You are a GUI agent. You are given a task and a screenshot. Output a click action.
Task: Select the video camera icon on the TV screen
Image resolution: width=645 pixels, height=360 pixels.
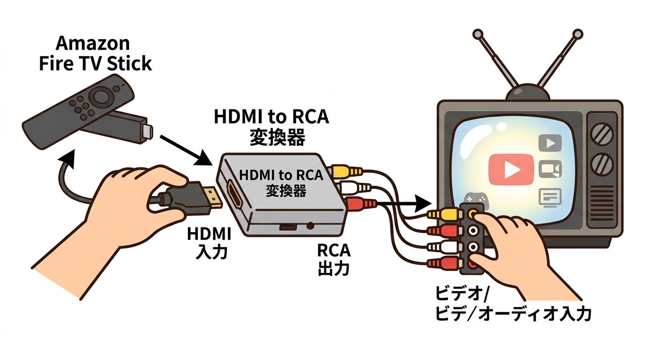(x=550, y=169)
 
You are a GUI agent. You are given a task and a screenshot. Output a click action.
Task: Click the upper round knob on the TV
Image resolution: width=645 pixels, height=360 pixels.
(x=602, y=134)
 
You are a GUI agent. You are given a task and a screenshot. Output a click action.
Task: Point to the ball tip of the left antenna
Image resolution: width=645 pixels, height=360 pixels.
(x=478, y=34)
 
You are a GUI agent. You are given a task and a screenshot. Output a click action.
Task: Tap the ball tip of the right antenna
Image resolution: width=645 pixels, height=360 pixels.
(x=578, y=34)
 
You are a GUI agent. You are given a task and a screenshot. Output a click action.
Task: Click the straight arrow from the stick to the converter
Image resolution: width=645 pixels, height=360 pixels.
(x=185, y=149)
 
